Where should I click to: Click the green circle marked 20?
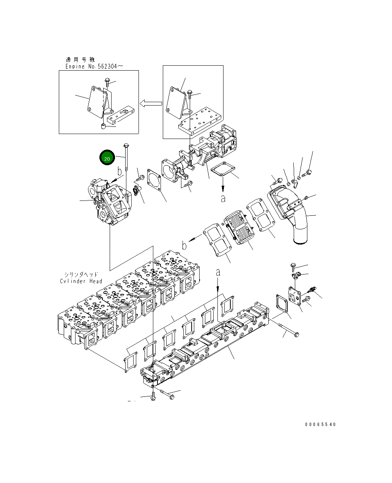click(107, 158)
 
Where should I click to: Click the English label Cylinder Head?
click(81, 281)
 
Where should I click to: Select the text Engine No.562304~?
click(94, 66)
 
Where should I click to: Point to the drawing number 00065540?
click(320, 425)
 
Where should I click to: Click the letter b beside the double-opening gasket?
click(184, 246)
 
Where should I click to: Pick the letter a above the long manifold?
click(218, 272)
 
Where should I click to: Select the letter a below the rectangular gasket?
click(223, 198)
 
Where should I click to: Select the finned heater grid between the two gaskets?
click(238, 229)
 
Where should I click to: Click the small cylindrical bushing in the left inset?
click(103, 126)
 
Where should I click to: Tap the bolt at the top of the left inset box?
click(107, 82)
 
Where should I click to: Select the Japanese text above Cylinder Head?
click(81, 274)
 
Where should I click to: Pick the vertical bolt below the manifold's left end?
click(153, 397)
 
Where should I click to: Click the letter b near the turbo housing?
click(120, 172)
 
